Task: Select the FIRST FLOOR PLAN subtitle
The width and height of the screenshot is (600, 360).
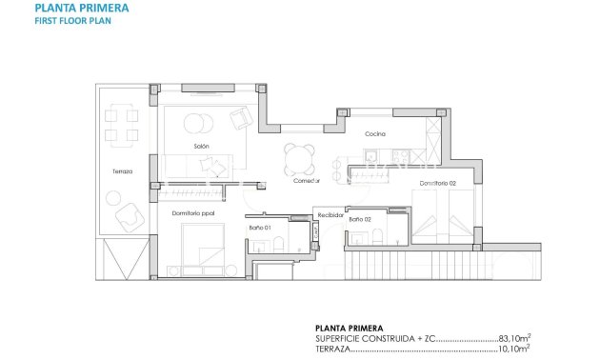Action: tap(66, 21)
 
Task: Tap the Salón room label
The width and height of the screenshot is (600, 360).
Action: tap(202, 146)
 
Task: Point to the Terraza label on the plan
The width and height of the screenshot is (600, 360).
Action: tap(121, 171)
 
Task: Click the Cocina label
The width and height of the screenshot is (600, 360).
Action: tap(375, 134)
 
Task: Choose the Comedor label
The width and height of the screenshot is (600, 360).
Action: tap(306, 180)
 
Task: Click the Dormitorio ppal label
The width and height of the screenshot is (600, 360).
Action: tap(193, 213)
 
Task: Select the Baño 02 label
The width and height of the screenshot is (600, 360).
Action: tap(360, 220)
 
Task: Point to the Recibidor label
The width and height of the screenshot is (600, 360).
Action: tap(330, 215)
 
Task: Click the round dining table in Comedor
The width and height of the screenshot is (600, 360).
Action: tap(299, 154)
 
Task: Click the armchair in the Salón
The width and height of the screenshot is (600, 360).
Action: tap(241, 119)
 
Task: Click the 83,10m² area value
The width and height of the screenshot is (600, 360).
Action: tap(515, 337)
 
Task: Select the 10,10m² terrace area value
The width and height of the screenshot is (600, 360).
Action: tap(515, 350)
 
